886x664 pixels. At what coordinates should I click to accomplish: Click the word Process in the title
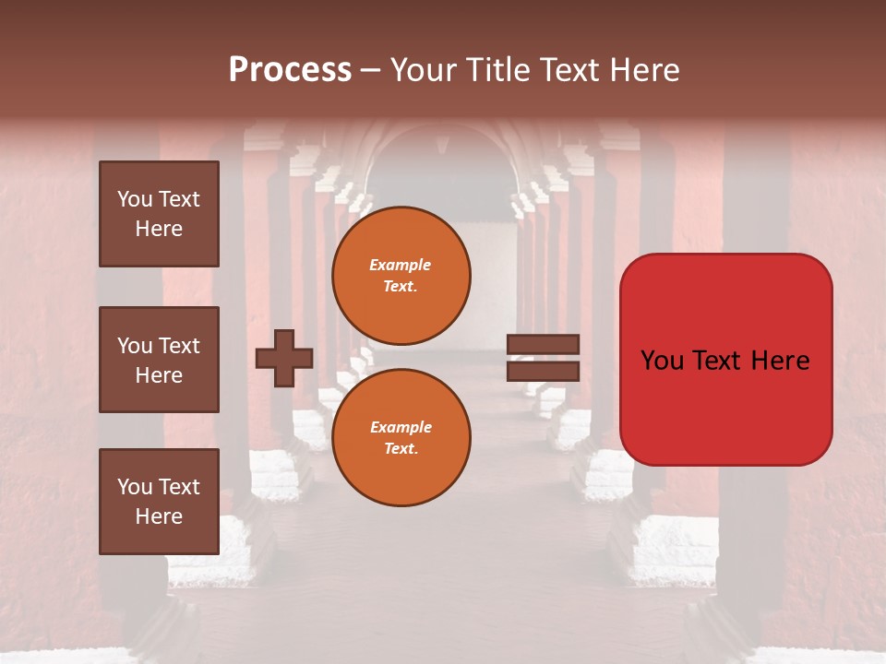pos(290,70)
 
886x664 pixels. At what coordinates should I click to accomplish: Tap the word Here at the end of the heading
pos(643,70)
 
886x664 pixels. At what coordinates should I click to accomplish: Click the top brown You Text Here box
pos(159,214)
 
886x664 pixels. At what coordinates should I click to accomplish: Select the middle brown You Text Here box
pos(159,360)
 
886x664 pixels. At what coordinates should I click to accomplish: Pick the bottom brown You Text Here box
pos(159,502)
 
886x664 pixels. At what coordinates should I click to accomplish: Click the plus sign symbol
pos(284,358)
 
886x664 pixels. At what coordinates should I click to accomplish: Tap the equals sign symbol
pos(543,358)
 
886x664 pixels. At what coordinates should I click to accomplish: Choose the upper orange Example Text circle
pos(401,275)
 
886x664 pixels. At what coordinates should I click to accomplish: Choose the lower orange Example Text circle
pos(401,437)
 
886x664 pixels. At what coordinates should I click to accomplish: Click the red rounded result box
pos(725,360)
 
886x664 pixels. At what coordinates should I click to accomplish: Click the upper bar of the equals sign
pos(543,345)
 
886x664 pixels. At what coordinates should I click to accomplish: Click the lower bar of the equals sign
pos(543,371)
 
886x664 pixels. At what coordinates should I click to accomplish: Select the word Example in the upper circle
pos(401,265)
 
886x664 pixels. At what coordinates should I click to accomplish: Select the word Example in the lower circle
pos(401,427)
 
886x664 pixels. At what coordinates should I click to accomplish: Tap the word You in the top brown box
pos(135,199)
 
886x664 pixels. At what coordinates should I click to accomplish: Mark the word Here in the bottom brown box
pos(159,516)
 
